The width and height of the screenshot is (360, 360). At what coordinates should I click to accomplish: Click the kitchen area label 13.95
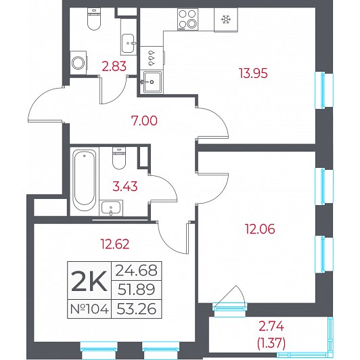tap(253, 74)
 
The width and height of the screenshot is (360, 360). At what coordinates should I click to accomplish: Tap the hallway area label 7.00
tap(144, 120)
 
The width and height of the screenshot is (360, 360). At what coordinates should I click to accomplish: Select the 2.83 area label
tap(114, 66)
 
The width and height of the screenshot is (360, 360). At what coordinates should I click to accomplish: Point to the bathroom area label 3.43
tap(125, 186)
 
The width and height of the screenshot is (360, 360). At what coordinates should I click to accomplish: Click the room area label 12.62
tap(115, 244)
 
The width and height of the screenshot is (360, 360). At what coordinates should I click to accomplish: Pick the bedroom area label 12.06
tap(260, 229)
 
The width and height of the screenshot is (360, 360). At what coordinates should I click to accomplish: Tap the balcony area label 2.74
tap(271, 327)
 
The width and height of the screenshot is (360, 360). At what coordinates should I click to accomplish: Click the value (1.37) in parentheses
tap(271, 344)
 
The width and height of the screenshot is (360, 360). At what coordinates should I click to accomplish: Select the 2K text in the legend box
tap(89, 281)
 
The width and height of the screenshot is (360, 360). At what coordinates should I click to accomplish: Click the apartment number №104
tap(89, 309)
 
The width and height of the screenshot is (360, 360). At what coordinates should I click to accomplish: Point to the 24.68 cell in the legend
tap(137, 270)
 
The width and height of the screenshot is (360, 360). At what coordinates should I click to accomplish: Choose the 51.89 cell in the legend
tap(137, 290)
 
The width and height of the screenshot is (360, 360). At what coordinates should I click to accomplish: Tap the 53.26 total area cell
tap(137, 309)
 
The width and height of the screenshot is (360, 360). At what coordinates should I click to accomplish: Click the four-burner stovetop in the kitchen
tap(187, 19)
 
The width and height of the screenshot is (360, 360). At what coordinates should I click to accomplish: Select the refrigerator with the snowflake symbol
tap(226, 20)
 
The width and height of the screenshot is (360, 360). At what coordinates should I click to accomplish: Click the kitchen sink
tap(152, 81)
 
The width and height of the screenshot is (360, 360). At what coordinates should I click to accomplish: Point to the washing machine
tap(78, 63)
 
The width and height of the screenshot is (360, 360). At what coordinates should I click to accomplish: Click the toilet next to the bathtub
tap(119, 158)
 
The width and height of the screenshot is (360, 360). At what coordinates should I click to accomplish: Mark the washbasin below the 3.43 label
tap(111, 208)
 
